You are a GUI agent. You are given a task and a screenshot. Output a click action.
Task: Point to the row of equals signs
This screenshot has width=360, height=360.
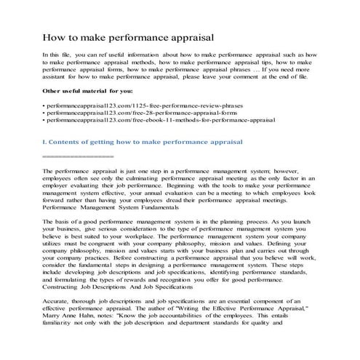(79, 156)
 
